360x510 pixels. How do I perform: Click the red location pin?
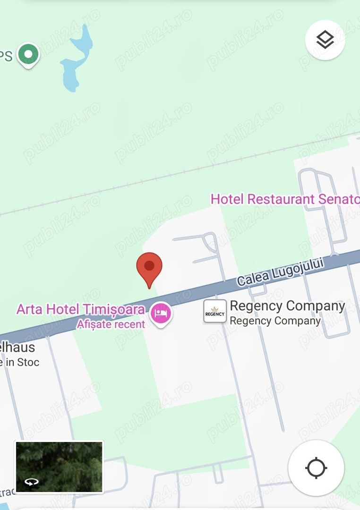coord(149,267)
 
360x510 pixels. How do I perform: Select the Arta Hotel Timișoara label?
coord(81,310)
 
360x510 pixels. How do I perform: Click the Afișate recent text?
coord(111,324)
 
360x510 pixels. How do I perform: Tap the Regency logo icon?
coord(215,312)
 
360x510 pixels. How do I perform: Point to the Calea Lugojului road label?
coord(281,272)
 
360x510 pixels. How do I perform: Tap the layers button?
coord(325,40)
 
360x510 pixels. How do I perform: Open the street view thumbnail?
coord(59,467)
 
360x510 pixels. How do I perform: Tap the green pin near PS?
coord(28,54)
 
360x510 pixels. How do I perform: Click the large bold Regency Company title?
coord(287,306)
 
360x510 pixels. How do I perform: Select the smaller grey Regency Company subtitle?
coord(275,321)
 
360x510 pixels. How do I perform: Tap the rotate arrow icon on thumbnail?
coord(32,482)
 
